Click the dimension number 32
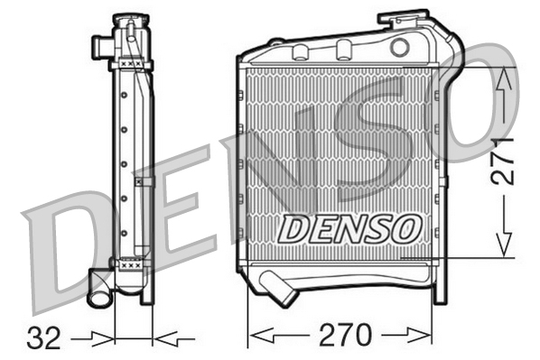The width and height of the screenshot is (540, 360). (45, 338)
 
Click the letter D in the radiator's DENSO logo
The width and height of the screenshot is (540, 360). (293, 229)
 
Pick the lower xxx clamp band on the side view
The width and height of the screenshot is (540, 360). (131, 264)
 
